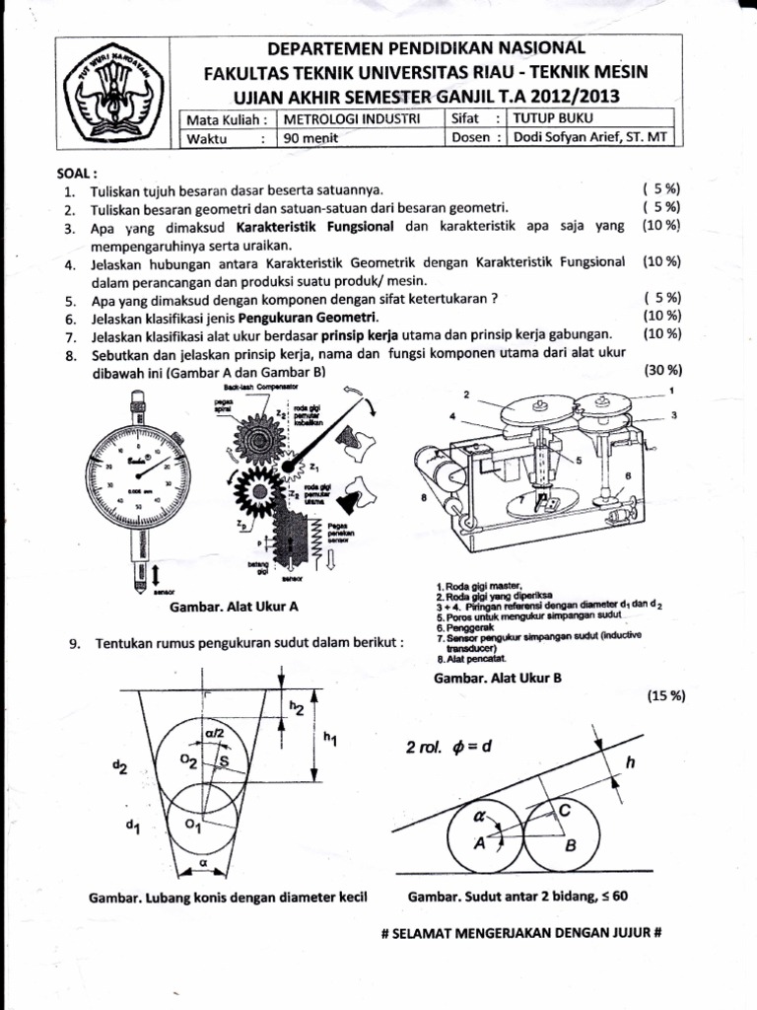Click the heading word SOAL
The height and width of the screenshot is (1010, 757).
[79, 172]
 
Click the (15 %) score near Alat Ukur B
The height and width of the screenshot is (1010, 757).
[666, 696]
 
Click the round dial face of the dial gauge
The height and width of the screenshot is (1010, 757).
[138, 471]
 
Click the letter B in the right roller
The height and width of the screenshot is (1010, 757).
[569, 845]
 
